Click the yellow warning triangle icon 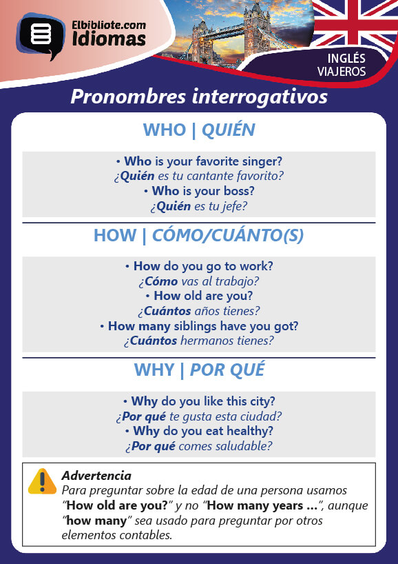coord(43,481)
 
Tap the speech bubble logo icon coord(41,36)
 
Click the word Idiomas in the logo coord(109,39)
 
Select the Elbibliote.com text coord(109,26)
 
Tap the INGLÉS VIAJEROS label coord(342,65)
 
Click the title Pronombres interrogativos coord(199,97)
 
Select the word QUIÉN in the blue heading coord(229,130)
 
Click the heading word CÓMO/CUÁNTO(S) coord(228,236)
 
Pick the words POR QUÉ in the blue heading coord(227,370)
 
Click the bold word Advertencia coord(96,476)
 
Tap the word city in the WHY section coord(262,401)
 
